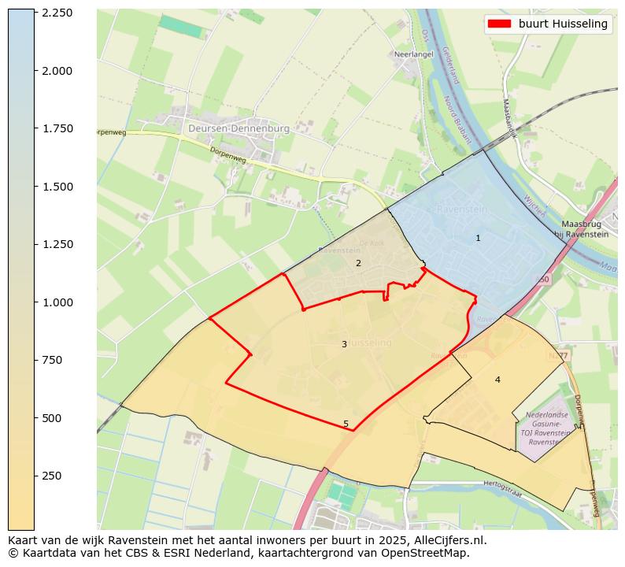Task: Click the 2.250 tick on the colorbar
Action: pyautogui.click(x=57, y=13)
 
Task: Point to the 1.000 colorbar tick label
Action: pyautogui.click(x=57, y=302)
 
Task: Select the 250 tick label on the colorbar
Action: pyautogui.click(x=52, y=476)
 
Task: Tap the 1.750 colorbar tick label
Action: pyautogui.click(x=57, y=128)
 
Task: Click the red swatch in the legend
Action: pyautogui.click(x=499, y=24)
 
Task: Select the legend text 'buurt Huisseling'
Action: pyautogui.click(x=563, y=24)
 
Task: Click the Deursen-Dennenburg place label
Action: pyautogui.click(x=239, y=128)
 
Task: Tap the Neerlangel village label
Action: pyautogui.click(x=412, y=55)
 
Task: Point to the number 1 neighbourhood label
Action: pyautogui.click(x=478, y=238)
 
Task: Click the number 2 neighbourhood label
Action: pyautogui.click(x=358, y=263)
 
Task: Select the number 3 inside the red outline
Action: pyautogui.click(x=344, y=344)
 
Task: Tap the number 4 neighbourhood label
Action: pyautogui.click(x=497, y=380)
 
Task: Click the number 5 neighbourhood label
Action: pyautogui.click(x=346, y=424)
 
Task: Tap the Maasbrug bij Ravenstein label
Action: pyautogui.click(x=580, y=229)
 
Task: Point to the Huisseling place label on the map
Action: pyautogui.click(x=368, y=343)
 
